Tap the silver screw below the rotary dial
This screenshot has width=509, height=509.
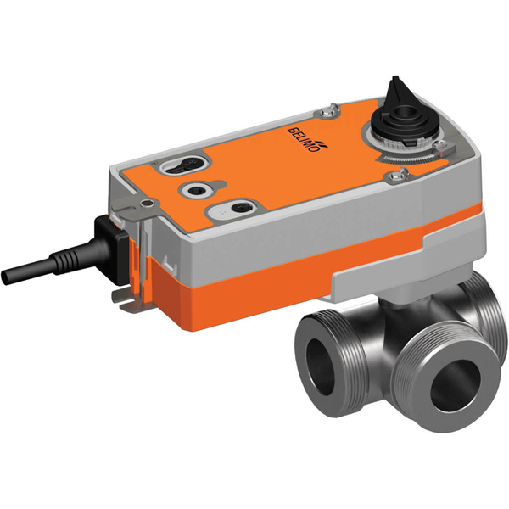point(394,176)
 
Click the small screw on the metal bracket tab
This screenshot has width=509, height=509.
point(149,203)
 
